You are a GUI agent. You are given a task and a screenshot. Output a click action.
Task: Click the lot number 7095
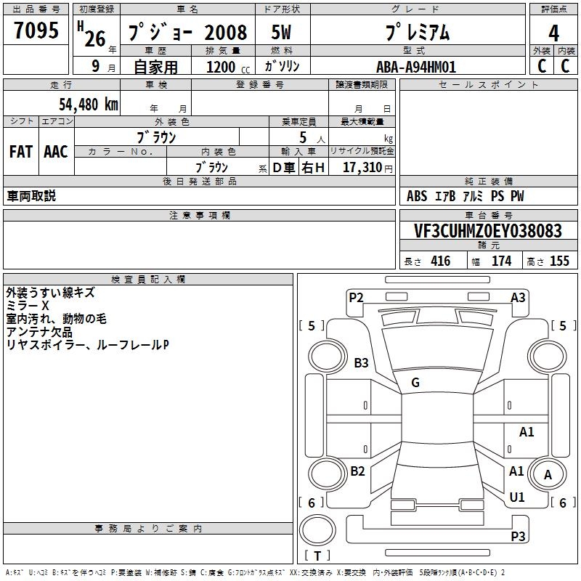(x=36, y=30)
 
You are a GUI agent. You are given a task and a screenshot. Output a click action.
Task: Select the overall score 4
(x=553, y=33)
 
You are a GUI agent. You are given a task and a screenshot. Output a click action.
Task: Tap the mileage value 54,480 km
(x=89, y=105)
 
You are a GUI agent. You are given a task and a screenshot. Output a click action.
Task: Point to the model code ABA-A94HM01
(x=416, y=67)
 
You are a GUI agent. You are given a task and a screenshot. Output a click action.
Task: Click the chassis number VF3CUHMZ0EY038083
(x=488, y=231)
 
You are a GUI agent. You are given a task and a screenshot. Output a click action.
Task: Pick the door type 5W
(x=281, y=32)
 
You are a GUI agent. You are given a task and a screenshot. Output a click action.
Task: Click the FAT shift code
(x=21, y=152)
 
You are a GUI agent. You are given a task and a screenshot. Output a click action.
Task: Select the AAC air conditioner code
(x=56, y=152)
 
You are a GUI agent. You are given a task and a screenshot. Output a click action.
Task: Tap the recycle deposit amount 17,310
(x=362, y=168)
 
